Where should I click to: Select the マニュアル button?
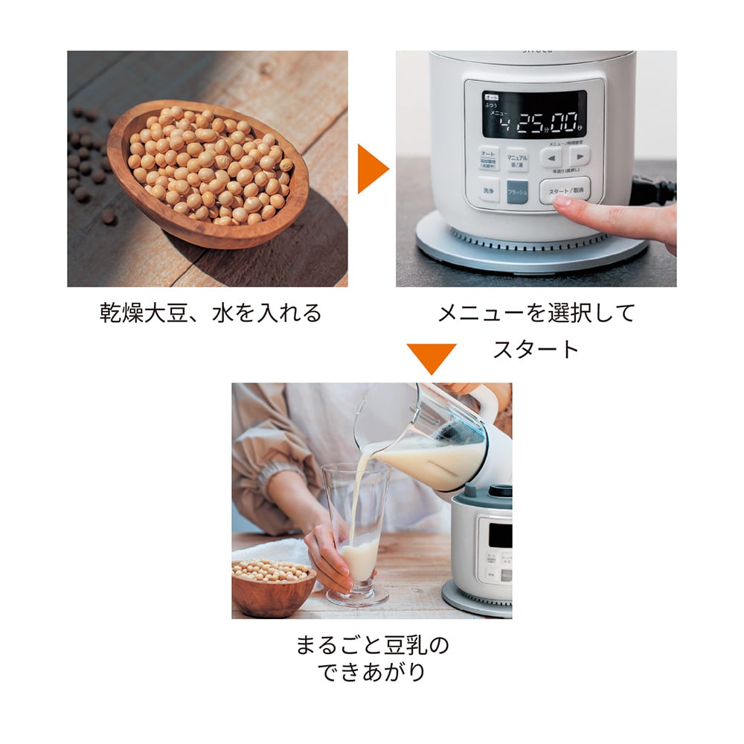516,159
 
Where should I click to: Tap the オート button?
489,158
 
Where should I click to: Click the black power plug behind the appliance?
653,190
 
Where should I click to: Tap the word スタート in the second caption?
536,349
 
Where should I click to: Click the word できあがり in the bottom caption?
371,672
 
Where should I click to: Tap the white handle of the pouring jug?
481,402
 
